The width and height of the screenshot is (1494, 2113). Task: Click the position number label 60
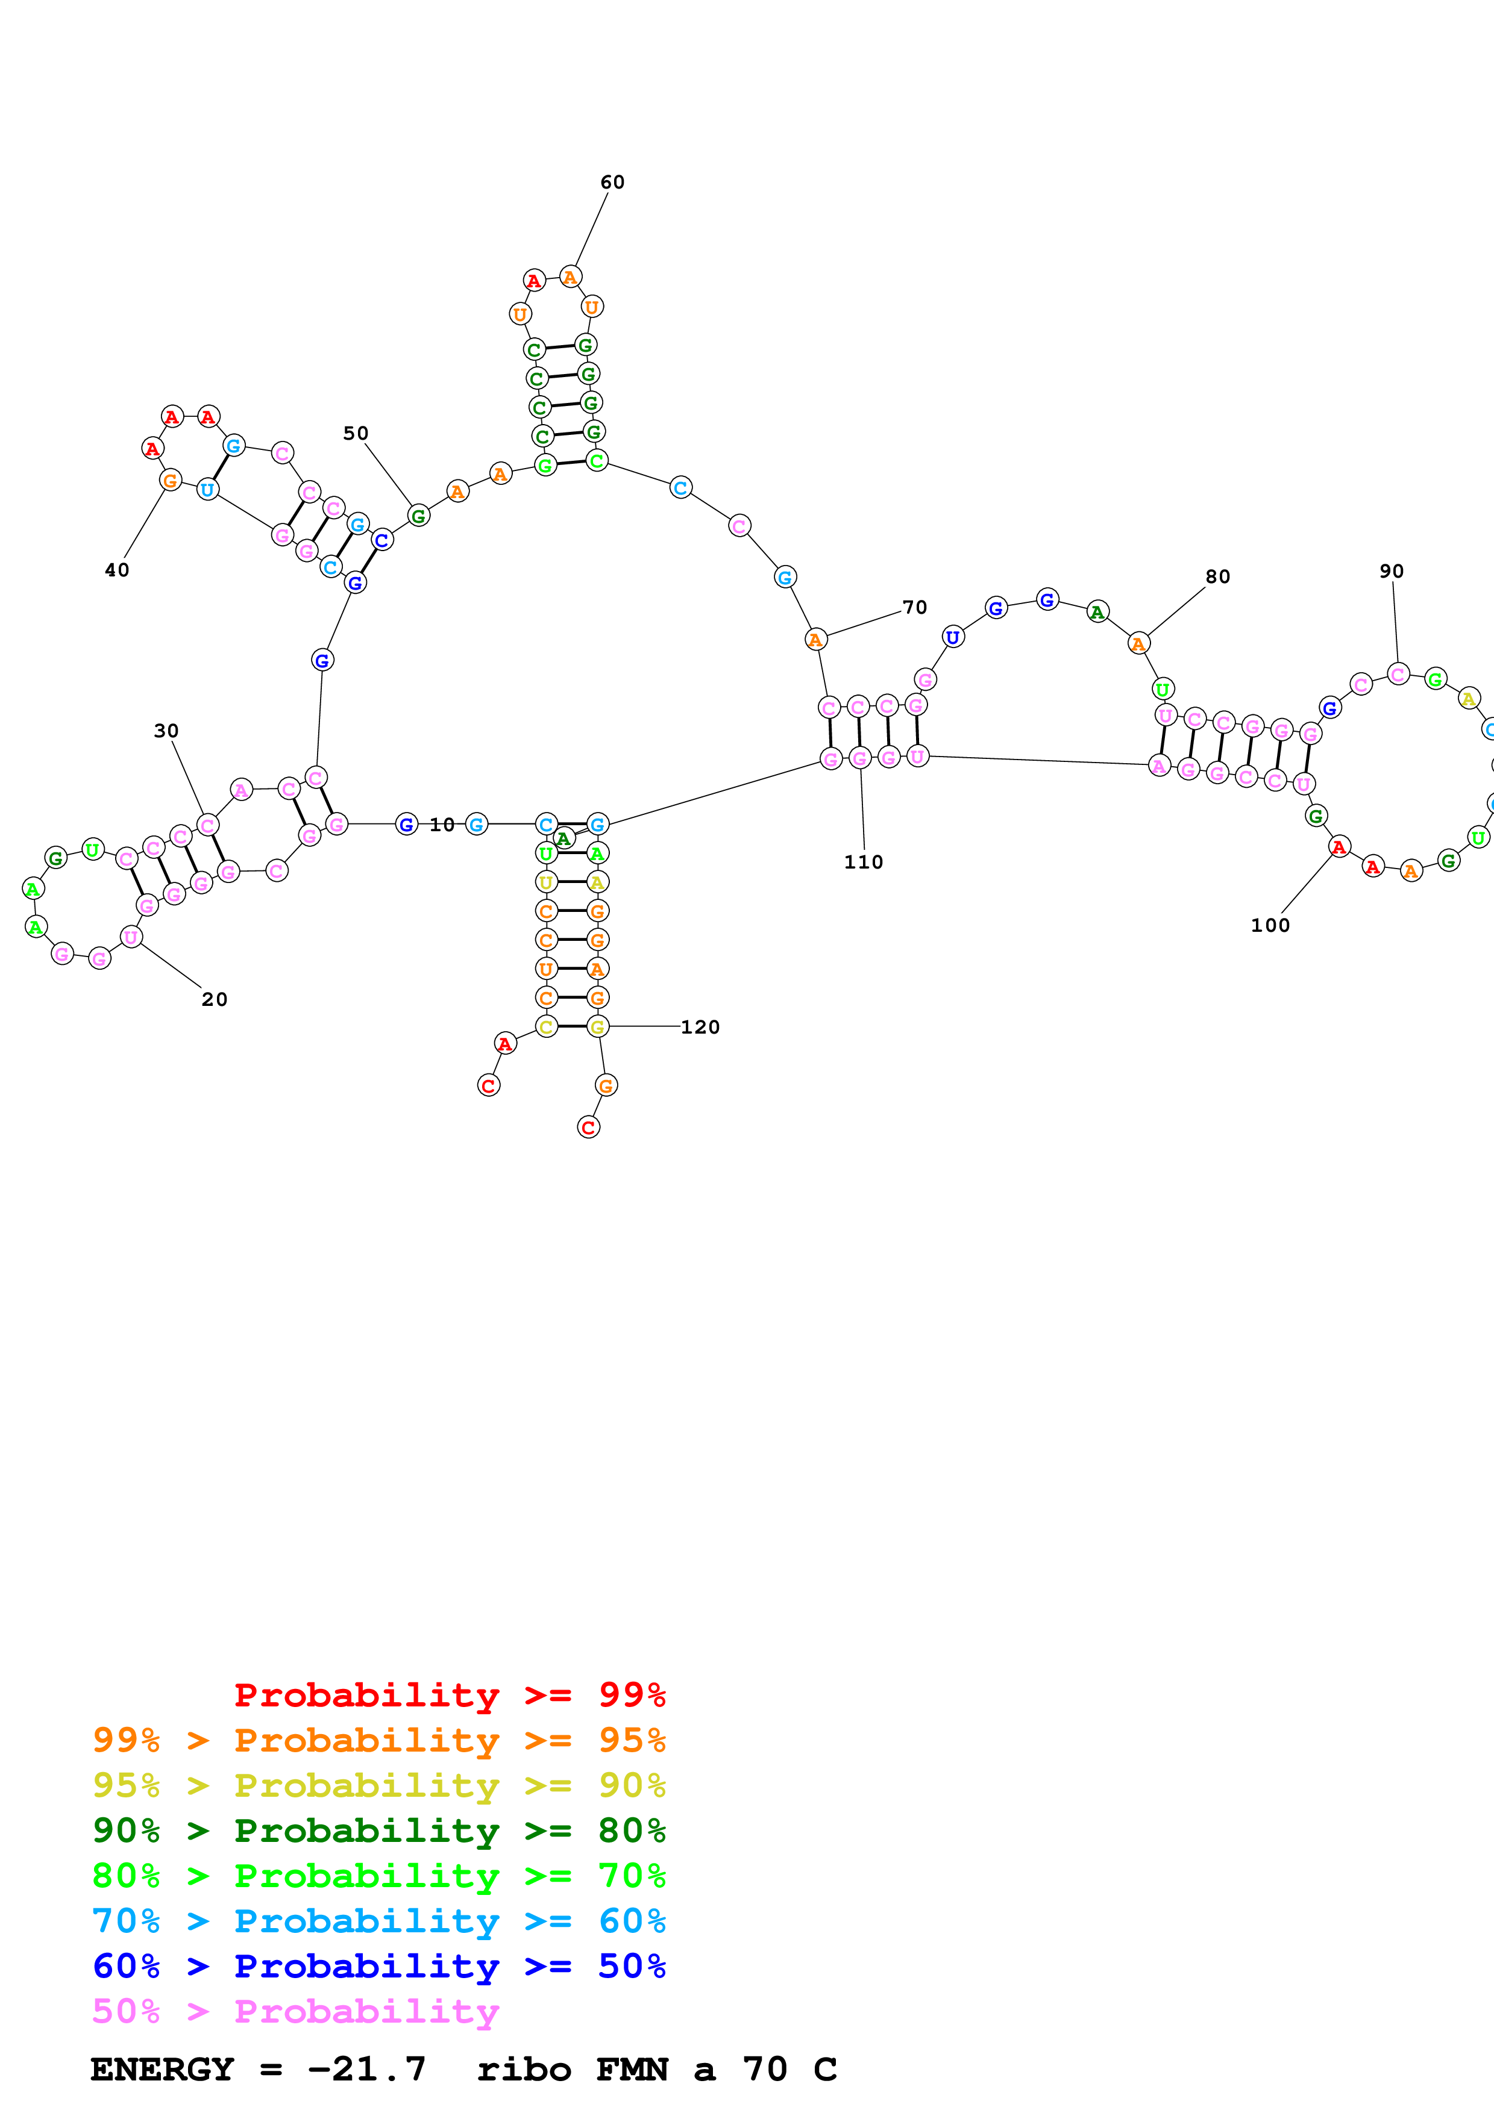[612, 183]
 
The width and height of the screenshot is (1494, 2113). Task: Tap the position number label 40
[117, 570]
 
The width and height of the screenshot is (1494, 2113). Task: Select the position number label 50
[356, 434]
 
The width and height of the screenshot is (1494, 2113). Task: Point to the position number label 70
[914, 607]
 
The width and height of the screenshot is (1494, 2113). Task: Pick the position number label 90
[1391, 572]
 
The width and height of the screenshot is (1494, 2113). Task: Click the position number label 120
[700, 1027]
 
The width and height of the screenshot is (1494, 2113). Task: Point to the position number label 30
[166, 731]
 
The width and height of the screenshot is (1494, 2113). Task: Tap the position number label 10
[442, 825]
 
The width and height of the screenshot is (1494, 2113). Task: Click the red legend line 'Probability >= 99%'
[449, 1694]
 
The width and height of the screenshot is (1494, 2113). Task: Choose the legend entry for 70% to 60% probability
[378, 1921]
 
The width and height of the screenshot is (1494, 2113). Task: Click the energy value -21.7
[366, 2069]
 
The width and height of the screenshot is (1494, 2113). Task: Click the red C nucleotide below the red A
[489, 1086]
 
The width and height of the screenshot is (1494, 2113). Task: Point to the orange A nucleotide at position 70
[815, 638]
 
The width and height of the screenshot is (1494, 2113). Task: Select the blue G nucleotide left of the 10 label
[406, 825]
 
